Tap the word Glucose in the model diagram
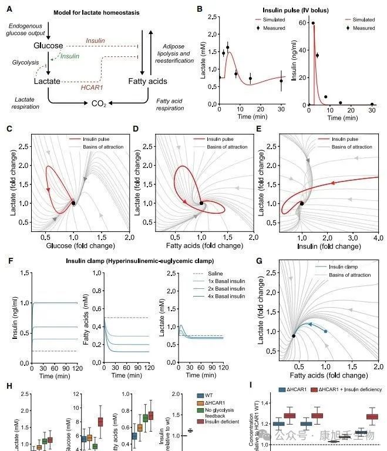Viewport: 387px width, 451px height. [48, 46]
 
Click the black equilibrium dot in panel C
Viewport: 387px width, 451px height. [73, 203]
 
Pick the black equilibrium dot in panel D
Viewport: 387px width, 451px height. [201, 203]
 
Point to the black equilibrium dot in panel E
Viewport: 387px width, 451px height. [302, 203]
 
